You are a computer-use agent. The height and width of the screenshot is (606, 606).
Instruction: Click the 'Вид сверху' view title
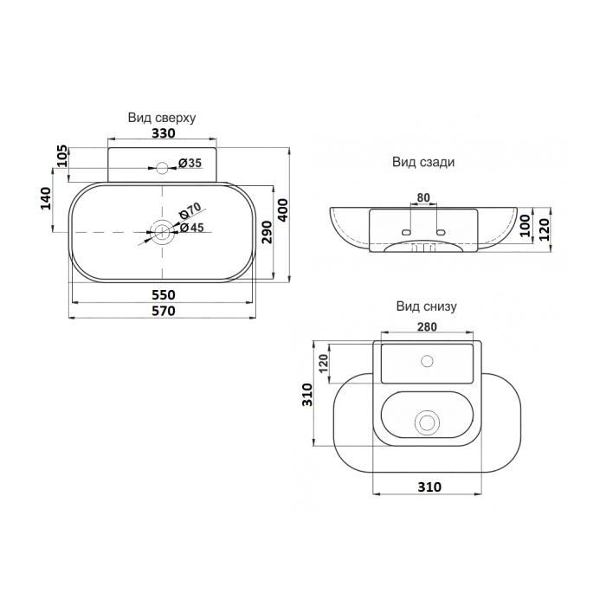point(162,118)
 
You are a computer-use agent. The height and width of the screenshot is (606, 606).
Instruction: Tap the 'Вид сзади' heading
point(423,162)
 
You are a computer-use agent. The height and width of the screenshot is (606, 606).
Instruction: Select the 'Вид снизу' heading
point(426,306)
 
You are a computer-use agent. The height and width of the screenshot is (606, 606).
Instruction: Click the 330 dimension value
point(164,133)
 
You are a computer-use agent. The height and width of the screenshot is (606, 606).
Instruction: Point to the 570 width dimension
point(164,311)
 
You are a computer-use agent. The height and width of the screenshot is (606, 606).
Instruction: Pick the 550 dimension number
point(164,295)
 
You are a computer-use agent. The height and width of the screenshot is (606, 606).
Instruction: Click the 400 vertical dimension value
point(283,210)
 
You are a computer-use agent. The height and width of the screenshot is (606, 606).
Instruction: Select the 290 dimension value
point(267,232)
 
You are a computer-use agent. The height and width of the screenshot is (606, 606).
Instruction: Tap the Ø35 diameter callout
point(190,163)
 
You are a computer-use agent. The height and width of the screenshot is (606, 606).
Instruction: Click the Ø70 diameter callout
point(190,210)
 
